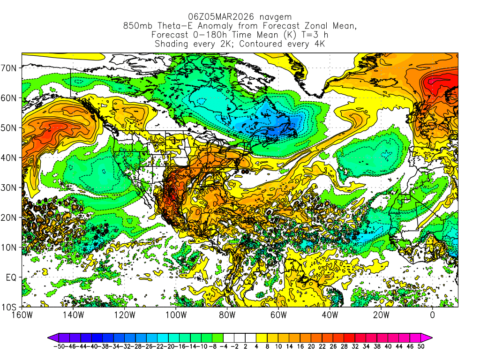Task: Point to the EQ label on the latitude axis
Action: click(x=11, y=277)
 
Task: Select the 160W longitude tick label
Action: click(x=22, y=315)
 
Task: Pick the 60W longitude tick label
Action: click(x=278, y=315)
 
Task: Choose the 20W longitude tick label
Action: click(x=381, y=315)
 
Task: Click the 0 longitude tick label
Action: click(x=432, y=315)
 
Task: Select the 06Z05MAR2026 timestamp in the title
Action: click(x=217, y=17)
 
